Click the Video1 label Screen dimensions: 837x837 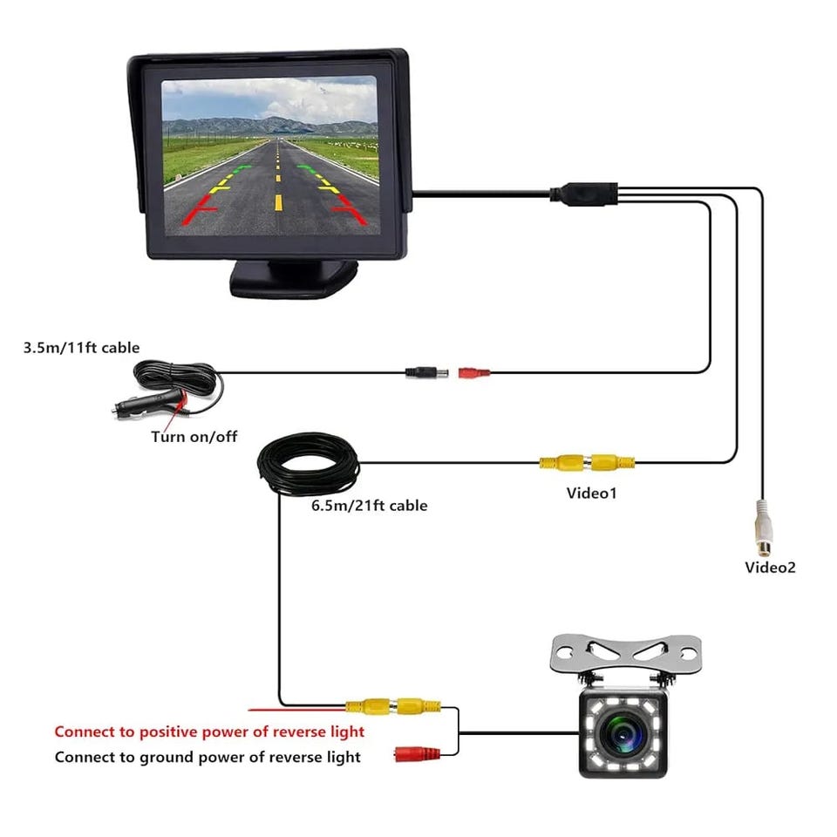click(x=591, y=493)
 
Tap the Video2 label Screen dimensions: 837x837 click(x=770, y=568)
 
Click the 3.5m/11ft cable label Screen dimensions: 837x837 click(x=81, y=348)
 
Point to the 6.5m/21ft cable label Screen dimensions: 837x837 click(x=369, y=505)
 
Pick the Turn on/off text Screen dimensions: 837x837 click(x=194, y=437)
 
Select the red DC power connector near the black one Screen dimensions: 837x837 click(x=473, y=373)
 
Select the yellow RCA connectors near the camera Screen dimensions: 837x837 click(x=393, y=705)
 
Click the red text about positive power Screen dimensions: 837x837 click(x=209, y=732)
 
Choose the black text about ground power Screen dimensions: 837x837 click(x=208, y=757)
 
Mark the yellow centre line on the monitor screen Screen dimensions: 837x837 click(x=278, y=183)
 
